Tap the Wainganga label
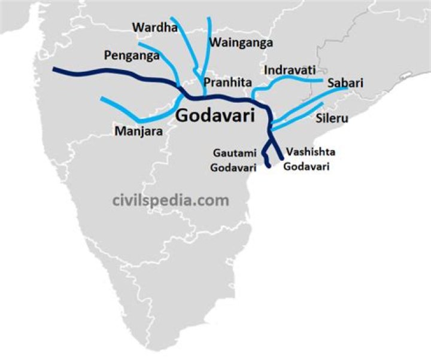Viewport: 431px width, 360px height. (x=241, y=42)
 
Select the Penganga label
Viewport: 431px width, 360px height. (x=131, y=56)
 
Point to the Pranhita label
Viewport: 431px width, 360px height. (x=226, y=82)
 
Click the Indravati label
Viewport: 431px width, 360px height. (x=290, y=70)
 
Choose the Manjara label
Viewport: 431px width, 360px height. (x=138, y=130)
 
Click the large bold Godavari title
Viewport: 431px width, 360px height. (x=215, y=115)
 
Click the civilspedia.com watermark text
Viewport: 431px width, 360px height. (x=171, y=200)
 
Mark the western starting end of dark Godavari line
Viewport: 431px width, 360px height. (x=54, y=69)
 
